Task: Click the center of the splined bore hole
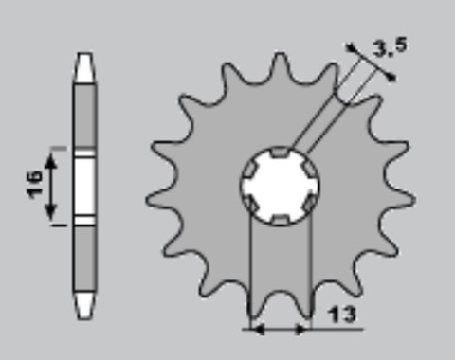point(280,186)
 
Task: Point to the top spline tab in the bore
point(280,151)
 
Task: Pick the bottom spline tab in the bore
point(280,221)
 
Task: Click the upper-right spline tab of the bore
point(310,168)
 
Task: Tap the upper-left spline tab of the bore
point(249,168)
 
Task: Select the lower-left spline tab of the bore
point(249,204)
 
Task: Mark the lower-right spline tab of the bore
point(310,204)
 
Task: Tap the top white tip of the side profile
point(83,66)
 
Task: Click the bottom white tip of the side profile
point(83,305)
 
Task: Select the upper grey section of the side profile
point(83,114)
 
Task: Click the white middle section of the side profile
point(83,187)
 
